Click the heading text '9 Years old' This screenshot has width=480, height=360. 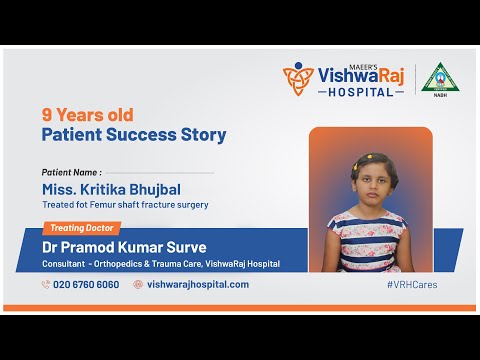click(x=87, y=114)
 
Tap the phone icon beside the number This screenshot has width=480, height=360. click(x=46, y=284)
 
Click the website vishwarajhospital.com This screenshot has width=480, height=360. click(x=198, y=284)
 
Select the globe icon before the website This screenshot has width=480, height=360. click(x=138, y=284)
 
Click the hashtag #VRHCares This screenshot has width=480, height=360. click(x=412, y=284)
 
